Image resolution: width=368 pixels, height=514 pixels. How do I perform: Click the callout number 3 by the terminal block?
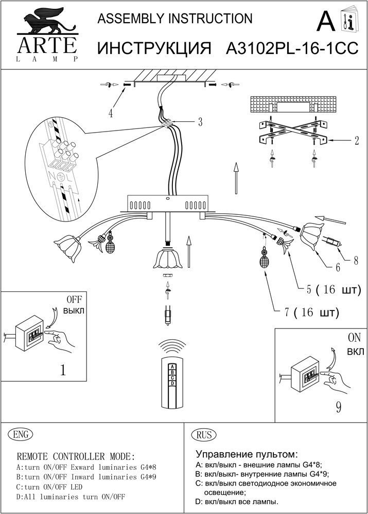pyautogui.click(x=200, y=122)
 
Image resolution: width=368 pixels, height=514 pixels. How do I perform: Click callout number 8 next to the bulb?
pyautogui.click(x=355, y=261)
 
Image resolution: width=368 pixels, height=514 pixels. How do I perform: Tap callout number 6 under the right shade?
pyautogui.click(x=338, y=267)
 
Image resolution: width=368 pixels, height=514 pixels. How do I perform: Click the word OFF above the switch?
pyautogui.click(x=74, y=300)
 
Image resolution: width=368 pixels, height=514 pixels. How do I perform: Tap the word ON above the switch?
pyautogui.click(x=355, y=338)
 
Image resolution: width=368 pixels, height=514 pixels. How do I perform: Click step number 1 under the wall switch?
pyautogui.click(x=63, y=371)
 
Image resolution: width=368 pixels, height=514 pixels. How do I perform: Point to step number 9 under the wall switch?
pyautogui.click(x=338, y=408)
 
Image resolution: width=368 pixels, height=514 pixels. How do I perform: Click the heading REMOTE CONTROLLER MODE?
pyautogui.click(x=76, y=456)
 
